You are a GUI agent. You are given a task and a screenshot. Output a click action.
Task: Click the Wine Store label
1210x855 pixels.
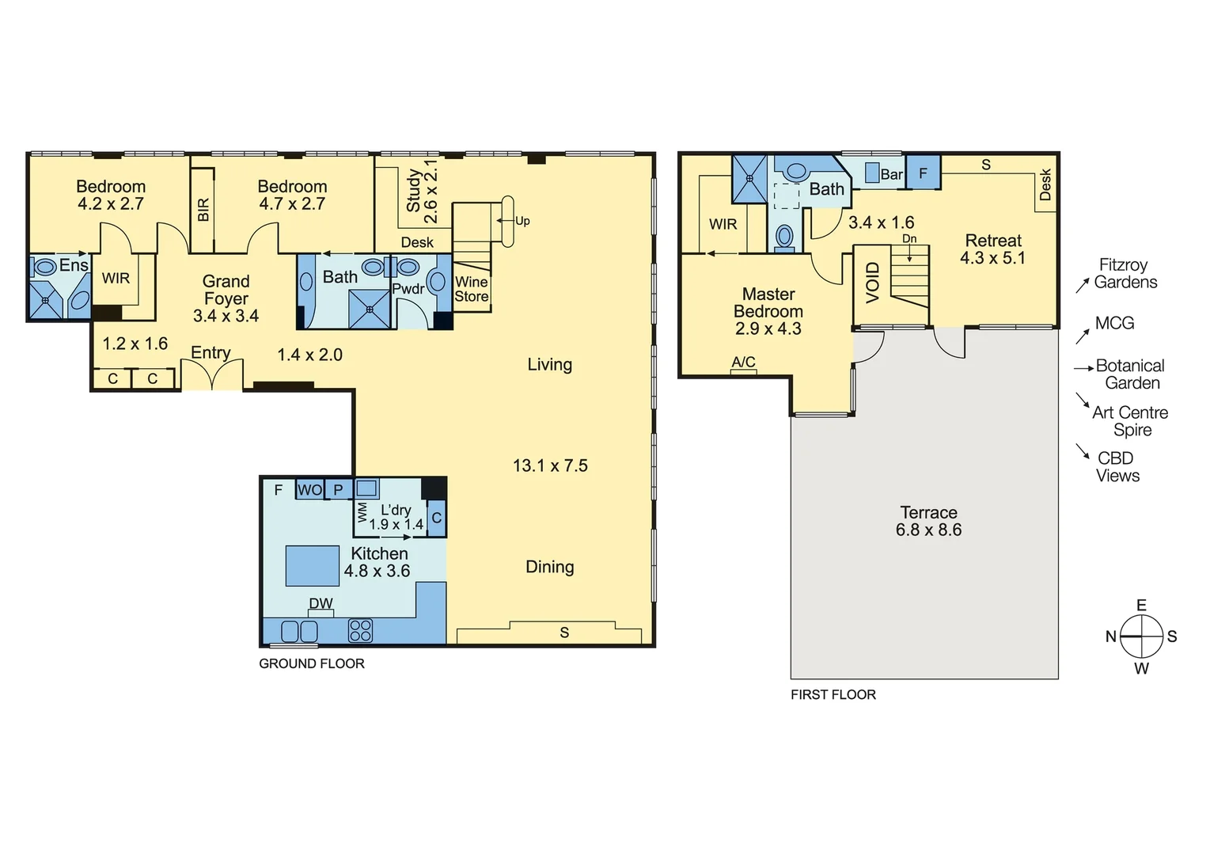coord(471,289)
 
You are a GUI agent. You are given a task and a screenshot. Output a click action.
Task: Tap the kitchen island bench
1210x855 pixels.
coord(313,565)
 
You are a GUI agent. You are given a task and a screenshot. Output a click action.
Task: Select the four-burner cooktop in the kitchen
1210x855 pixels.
coord(360,630)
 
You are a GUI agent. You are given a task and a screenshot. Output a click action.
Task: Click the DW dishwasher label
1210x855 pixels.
coord(321,604)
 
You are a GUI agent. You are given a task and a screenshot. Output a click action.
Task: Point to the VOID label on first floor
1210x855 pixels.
coord(872,283)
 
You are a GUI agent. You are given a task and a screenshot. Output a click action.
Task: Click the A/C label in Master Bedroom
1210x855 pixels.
coord(743,363)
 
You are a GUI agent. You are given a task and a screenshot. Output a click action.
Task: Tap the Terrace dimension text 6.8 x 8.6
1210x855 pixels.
coord(928,530)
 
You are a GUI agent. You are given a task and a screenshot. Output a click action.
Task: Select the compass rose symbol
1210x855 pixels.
coord(1141,636)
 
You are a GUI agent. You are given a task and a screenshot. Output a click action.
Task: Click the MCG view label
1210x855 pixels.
coord(1114,323)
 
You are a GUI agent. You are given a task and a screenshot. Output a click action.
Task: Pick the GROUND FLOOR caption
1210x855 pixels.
coord(312,663)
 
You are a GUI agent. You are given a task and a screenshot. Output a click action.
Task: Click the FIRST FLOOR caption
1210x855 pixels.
coord(833,694)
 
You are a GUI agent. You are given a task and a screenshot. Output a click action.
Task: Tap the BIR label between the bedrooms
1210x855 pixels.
coord(203,210)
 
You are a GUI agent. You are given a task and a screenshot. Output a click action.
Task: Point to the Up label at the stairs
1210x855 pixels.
coord(522,221)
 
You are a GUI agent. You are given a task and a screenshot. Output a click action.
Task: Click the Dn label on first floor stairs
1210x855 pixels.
coord(909,239)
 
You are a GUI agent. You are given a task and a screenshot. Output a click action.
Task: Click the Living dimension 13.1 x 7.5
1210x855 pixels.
coord(550,465)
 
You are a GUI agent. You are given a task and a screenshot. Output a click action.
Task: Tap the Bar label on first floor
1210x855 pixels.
coord(891,174)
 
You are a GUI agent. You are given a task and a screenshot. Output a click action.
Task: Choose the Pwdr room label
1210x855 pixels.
coord(408,289)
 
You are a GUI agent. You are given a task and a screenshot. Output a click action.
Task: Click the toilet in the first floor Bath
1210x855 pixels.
coord(784,236)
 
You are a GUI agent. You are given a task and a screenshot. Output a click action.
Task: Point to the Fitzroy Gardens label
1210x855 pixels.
coord(1125,274)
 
